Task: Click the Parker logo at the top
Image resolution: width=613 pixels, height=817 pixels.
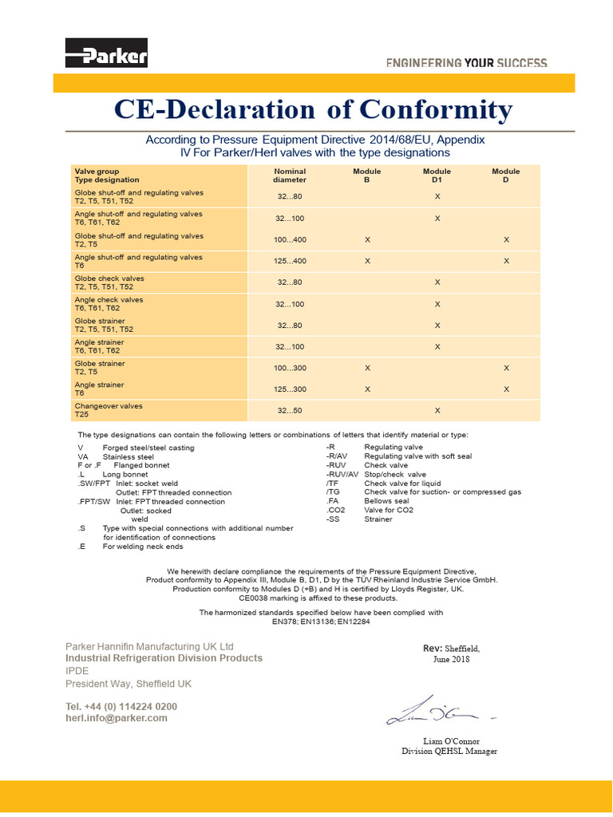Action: pyautogui.click(x=106, y=56)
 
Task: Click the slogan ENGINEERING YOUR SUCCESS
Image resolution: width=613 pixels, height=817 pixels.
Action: pyautogui.click(x=467, y=62)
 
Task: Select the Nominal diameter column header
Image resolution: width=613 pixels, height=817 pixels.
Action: pyautogui.click(x=290, y=176)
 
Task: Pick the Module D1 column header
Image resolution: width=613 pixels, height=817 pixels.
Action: pyautogui.click(x=437, y=176)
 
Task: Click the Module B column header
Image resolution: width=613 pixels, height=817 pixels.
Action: pyautogui.click(x=367, y=176)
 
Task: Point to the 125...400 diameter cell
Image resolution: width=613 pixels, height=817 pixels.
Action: pyautogui.click(x=291, y=261)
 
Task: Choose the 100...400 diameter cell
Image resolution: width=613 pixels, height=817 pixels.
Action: pyautogui.click(x=291, y=239)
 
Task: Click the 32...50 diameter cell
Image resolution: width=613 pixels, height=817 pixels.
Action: pyautogui.click(x=291, y=410)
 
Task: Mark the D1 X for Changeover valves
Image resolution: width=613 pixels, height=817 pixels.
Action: pyautogui.click(x=437, y=410)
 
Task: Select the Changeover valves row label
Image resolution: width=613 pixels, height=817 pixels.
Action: pyautogui.click(x=109, y=406)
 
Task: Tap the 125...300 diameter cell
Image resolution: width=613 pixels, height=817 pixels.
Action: pyautogui.click(x=291, y=389)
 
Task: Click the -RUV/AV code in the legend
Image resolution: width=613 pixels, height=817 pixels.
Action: pyautogui.click(x=342, y=475)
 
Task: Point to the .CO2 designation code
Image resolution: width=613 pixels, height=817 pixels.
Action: pyautogui.click(x=337, y=510)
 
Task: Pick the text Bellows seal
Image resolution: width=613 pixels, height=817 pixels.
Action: pyautogui.click(x=386, y=501)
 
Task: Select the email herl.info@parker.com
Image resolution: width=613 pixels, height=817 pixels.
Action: pyautogui.click(x=117, y=718)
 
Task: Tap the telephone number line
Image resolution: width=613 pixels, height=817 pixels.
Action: pyautogui.click(x=121, y=707)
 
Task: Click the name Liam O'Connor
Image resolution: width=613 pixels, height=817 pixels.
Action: pyautogui.click(x=451, y=741)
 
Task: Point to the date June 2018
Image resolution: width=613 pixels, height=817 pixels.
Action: pyautogui.click(x=452, y=659)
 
